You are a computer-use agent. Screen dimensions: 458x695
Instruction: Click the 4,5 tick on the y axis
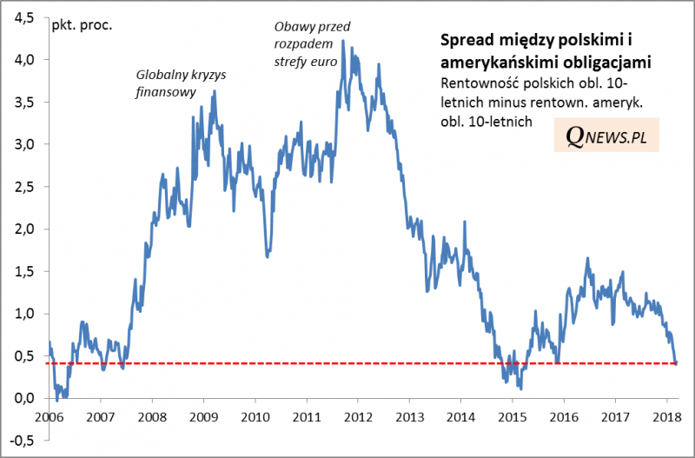pyautogui.click(x=24, y=17)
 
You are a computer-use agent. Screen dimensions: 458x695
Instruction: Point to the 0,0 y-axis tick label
pyautogui.click(x=24, y=398)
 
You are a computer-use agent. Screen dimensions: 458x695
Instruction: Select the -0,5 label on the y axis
pyautogui.click(x=23, y=441)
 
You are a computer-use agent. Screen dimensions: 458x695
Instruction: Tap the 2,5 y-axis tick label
pyautogui.click(x=24, y=187)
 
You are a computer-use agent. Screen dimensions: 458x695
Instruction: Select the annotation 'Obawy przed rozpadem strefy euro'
pyautogui.click(x=303, y=43)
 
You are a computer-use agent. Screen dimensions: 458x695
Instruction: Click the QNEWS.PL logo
pyautogui.click(x=606, y=136)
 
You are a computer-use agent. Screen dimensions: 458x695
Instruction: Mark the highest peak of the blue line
pyautogui.click(x=343, y=40)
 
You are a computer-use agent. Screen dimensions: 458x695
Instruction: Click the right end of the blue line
pyautogui.click(x=676, y=363)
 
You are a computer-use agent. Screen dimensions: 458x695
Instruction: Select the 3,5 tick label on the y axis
pyautogui.click(x=24, y=102)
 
